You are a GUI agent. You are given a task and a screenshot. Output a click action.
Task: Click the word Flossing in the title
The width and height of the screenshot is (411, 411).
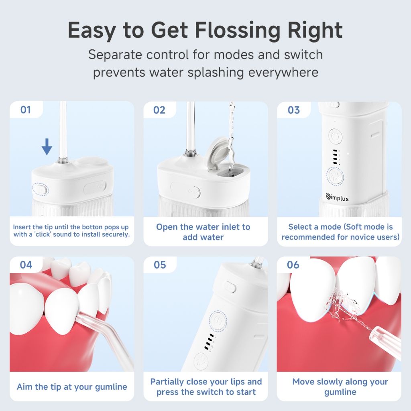coord(238,31)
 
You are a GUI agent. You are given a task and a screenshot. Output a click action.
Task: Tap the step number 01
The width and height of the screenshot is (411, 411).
coord(26,110)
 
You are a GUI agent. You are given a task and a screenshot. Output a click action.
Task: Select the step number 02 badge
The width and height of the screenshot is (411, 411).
coord(159,110)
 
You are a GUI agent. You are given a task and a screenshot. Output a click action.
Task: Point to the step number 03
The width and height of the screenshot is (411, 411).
coord(293,110)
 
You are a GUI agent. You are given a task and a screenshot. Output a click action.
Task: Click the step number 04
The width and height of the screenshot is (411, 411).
coord(26,265)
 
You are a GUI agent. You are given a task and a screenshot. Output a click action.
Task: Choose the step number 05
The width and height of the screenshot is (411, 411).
coord(160,265)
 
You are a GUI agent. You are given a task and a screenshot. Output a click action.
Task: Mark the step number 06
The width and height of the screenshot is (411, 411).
coord(293,265)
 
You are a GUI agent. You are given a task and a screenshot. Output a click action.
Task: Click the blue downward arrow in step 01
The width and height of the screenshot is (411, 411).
coord(47,146)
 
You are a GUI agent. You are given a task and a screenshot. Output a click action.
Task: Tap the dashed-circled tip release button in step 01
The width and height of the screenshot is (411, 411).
coord(41,189)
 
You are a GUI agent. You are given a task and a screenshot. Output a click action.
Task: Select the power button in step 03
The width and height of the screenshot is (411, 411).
coord(335,136)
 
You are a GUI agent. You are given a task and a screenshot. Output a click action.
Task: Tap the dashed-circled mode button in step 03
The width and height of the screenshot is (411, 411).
coord(335,176)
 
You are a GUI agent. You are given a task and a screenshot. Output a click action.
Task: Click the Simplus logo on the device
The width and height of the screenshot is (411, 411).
coord(337,197)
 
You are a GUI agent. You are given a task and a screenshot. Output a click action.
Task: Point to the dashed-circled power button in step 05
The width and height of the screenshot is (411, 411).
coord(218,321)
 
